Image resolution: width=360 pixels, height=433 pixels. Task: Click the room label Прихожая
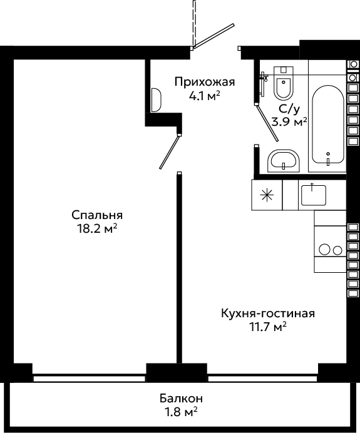pos(205,83)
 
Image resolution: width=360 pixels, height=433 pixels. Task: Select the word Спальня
pos(97,215)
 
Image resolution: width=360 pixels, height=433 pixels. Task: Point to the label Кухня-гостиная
pos(268,313)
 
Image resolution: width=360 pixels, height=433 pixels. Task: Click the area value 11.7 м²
pos(268,327)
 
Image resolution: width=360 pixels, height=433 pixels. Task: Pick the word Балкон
pos(181,399)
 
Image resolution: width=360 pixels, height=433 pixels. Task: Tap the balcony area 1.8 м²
pos(181,412)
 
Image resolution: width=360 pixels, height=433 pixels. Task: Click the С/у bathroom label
pos(289,110)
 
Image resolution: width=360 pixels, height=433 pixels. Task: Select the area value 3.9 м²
pos(289,122)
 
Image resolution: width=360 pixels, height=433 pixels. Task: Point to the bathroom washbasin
pos(284,161)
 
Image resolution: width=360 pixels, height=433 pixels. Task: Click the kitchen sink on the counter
pos(314,195)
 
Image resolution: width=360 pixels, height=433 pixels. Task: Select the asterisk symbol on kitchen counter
pos(267,195)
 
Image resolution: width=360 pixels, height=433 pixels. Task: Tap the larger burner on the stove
pos(325,250)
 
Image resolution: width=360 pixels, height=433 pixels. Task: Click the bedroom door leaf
pos(170,152)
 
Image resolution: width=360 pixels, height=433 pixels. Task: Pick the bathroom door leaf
pos(267,123)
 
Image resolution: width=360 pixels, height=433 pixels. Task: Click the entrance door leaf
pos(214,36)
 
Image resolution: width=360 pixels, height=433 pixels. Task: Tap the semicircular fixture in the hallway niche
pos(156,100)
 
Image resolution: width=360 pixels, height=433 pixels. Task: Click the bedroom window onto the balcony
pos(89,378)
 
